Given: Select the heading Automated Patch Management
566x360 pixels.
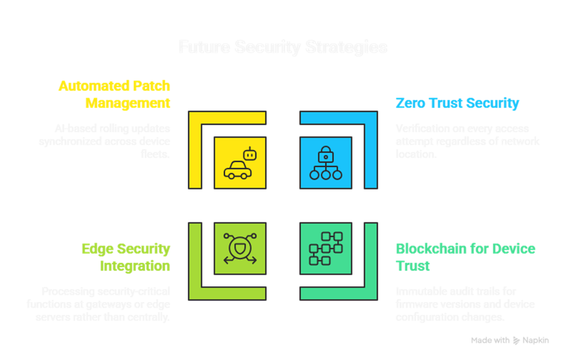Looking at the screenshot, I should [x=114, y=95].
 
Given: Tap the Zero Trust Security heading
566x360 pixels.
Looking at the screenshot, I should [x=457, y=103].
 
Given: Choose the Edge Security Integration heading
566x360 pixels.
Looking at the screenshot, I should [x=126, y=257].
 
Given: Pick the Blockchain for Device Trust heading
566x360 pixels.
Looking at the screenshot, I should [x=465, y=257].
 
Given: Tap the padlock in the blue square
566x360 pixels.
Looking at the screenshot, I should [x=326, y=154].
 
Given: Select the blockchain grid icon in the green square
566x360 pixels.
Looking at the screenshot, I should [x=326, y=249].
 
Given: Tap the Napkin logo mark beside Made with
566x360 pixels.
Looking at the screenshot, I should [x=517, y=340].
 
